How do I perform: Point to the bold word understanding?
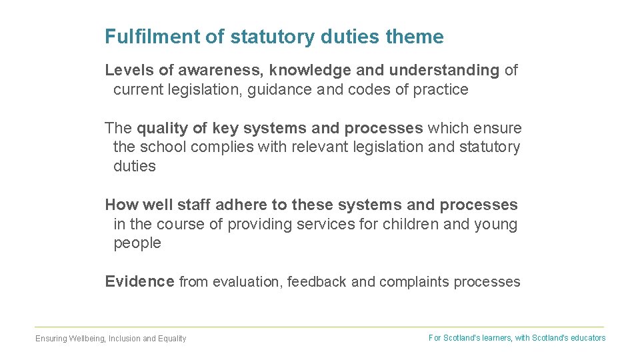pyautogui.click(x=444, y=70)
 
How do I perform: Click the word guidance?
pyautogui.click(x=281, y=89)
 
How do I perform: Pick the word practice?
pyautogui.click(x=441, y=89)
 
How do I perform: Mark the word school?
pyautogui.click(x=163, y=147)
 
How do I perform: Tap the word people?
pyautogui.click(x=137, y=243)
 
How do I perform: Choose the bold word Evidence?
pyautogui.click(x=139, y=281)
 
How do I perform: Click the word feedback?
pyautogui.click(x=317, y=282)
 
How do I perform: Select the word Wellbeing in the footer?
pyautogui.click(x=86, y=339)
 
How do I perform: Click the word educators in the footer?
pyautogui.click(x=587, y=338)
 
